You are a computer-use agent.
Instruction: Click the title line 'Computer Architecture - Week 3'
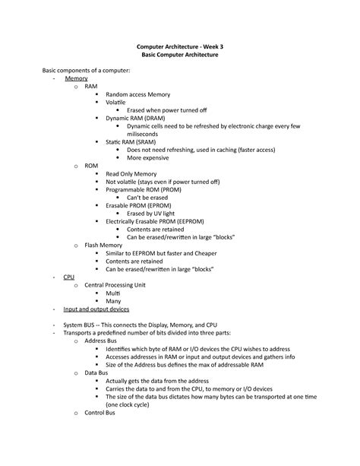tap(180, 47)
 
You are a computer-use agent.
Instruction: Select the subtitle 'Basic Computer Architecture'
tap(180, 56)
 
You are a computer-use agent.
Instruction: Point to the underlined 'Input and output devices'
tap(96, 309)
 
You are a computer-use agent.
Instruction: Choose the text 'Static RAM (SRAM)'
tap(135, 142)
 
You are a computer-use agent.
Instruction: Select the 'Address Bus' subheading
tap(101, 341)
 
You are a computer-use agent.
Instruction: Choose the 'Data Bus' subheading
tap(96, 373)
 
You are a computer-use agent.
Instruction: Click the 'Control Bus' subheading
tap(99, 413)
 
